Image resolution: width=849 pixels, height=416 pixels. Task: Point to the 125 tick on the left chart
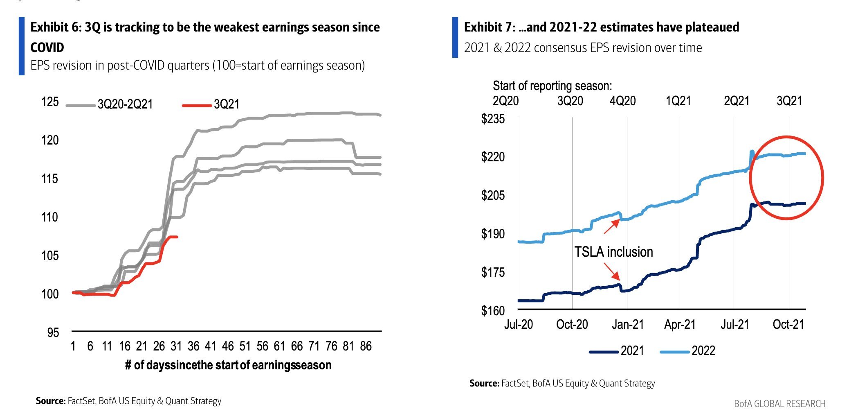50,102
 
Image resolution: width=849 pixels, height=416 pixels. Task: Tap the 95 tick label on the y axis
53,332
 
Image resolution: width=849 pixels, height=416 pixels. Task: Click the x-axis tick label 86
366,346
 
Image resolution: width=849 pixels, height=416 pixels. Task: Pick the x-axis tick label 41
210,346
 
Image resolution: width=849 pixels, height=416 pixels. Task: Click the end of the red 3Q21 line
177,237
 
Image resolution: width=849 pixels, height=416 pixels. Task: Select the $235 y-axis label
493,119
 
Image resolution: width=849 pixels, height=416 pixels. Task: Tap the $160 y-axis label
493,310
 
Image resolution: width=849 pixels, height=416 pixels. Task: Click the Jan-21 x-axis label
627,325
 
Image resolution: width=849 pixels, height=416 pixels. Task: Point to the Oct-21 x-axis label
788,325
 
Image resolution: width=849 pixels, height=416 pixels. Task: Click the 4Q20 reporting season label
622,101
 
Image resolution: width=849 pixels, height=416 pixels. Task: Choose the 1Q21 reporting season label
678,101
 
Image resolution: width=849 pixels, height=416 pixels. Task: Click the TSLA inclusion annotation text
613,252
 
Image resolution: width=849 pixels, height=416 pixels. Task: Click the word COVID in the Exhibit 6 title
47,47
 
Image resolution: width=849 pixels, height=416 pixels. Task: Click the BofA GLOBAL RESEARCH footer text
779,404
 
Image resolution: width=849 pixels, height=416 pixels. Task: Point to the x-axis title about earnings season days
228,365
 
